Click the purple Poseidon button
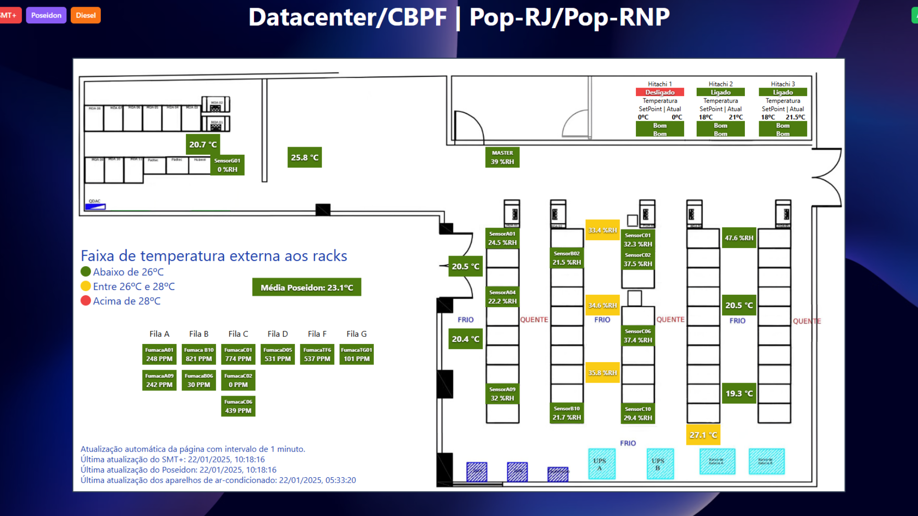(x=46, y=15)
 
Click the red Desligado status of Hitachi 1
(x=659, y=92)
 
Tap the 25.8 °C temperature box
(x=305, y=157)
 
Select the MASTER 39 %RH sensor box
(x=502, y=157)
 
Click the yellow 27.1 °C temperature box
(x=703, y=435)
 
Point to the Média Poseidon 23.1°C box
(x=306, y=287)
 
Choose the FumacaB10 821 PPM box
(x=199, y=355)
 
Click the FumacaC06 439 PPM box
(x=238, y=406)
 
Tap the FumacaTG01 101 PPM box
(x=356, y=355)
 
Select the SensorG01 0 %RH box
(x=227, y=165)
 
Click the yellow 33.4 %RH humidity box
(x=602, y=230)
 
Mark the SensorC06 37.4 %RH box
(x=637, y=336)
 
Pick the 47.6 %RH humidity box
(x=739, y=237)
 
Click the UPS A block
(x=601, y=464)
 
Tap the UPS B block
(x=660, y=464)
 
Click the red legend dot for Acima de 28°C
(x=86, y=301)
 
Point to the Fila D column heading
(x=277, y=334)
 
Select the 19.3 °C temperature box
(x=739, y=393)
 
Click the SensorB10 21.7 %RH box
(x=567, y=413)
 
